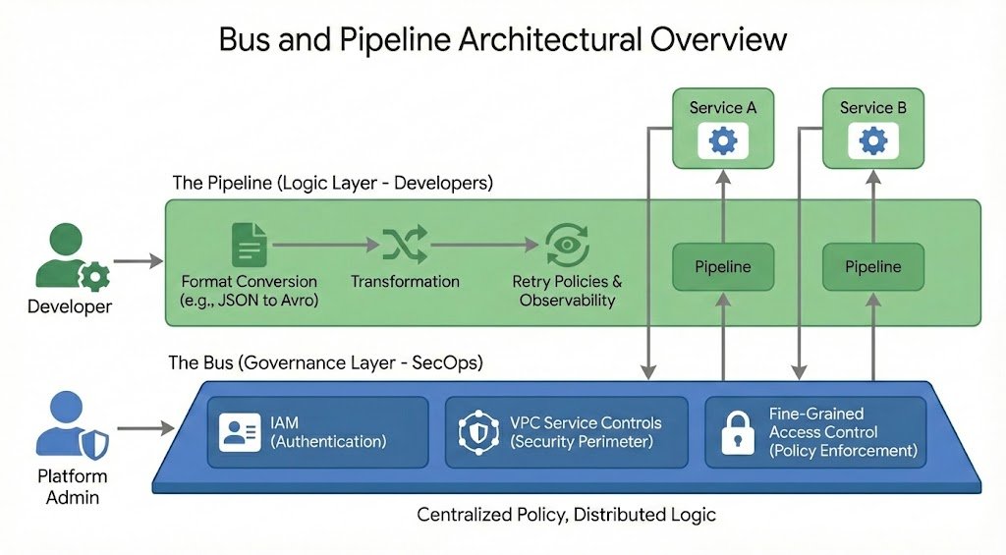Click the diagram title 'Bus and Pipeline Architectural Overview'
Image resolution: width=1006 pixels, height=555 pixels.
click(502, 40)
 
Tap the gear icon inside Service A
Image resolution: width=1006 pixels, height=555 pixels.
click(723, 141)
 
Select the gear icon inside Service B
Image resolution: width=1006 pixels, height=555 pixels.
click(872, 141)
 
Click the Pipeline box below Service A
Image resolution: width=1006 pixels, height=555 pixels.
click(723, 267)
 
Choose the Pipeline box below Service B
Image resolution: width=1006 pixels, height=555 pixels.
click(872, 267)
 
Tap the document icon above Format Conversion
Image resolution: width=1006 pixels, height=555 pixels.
click(249, 245)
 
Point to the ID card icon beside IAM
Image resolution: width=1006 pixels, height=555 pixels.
click(240, 432)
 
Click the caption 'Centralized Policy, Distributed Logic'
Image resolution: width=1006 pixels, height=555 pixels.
click(567, 515)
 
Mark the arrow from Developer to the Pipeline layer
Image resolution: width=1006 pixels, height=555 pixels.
click(139, 261)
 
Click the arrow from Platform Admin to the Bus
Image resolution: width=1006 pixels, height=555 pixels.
click(144, 428)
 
